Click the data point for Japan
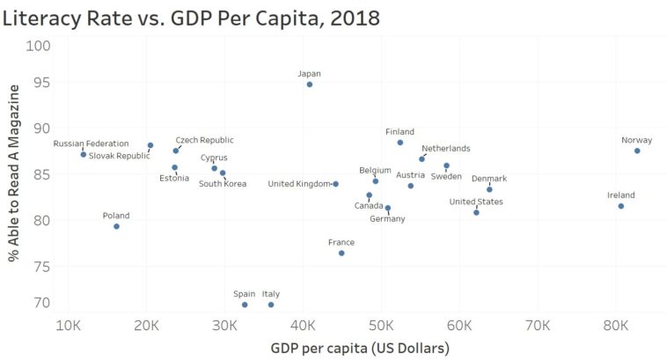click(x=310, y=84)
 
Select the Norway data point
click(x=637, y=151)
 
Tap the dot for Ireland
click(x=621, y=206)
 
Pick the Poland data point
click(x=116, y=226)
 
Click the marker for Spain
click(x=245, y=305)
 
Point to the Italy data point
click(x=271, y=305)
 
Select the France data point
click(x=341, y=253)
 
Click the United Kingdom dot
click(x=335, y=184)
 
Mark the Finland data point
click(x=400, y=143)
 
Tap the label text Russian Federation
click(x=91, y=143)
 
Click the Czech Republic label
click(x=204, y=140)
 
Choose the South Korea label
click(x=223, y=184)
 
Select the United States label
click(x=476, y=202)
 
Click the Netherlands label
click(x=445, y=149)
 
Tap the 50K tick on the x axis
click(x=383, y=325)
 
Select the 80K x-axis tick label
click(x=616, y=325)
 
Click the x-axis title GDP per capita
click(x=362, y=348)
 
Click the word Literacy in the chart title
click(x=48, y=17)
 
